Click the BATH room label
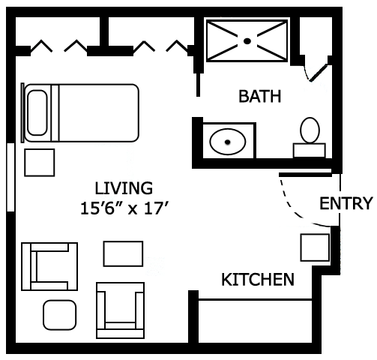(260, 96)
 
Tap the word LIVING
(124, 187)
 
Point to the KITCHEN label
(257, 280)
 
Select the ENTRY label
(346, 203)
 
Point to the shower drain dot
(247, 41)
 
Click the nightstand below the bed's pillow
(39, 163)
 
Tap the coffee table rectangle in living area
(123, 253)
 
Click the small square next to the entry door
(315, 247)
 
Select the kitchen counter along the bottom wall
(255, 320)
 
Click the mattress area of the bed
(96, 113)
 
